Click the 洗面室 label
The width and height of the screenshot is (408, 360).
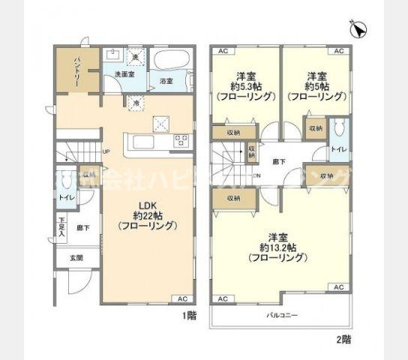click(x=124, y=74)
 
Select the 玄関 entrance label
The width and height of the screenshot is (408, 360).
click(x=76, y=258)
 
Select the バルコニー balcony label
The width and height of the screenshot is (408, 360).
click(x=282, y=314)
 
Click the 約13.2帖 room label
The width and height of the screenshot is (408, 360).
click(x=278, y=247)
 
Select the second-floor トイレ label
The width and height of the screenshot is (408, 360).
click(x=339, y=149)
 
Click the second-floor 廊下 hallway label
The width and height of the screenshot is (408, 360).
click(x=279, y=161)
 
